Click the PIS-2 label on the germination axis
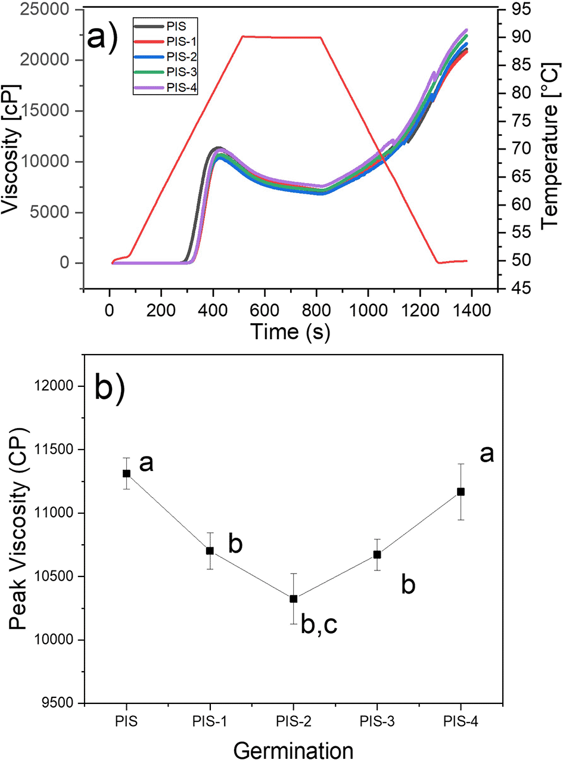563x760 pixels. (293, 721)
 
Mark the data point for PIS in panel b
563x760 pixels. (126, 473)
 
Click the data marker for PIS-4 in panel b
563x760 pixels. (461, 492)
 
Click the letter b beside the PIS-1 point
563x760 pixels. (235, 545)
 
